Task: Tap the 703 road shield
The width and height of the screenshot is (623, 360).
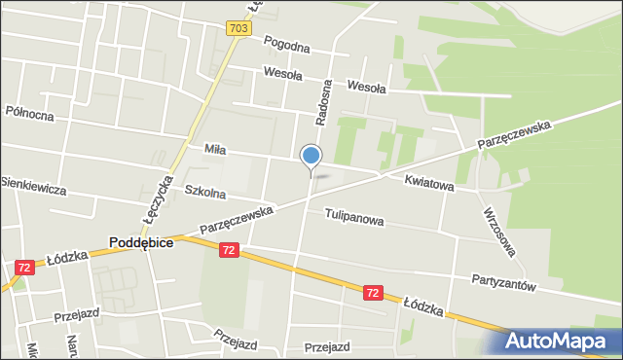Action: (238, 29)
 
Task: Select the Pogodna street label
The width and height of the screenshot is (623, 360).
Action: (286, 47)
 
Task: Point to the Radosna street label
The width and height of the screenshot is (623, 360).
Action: (323, 101)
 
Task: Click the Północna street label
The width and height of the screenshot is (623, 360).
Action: (29, 114)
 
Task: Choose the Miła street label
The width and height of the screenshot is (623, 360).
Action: (215, 150)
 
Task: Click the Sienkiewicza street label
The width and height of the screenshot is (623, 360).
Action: (33, 185)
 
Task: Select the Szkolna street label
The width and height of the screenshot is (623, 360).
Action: (204, 192)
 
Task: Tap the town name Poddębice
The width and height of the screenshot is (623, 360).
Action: (141, 243)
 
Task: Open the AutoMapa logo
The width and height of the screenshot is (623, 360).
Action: (564, 341)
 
